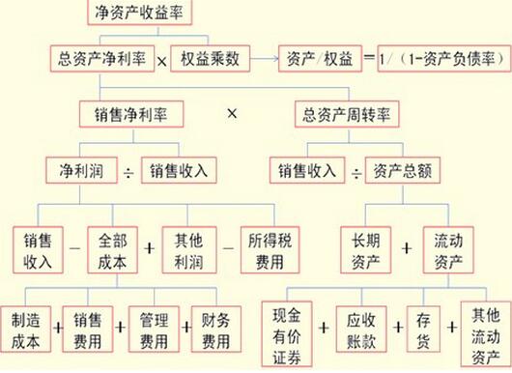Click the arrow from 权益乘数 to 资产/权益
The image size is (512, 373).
tap(263, 56)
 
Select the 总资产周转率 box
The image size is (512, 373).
tap(346, 115)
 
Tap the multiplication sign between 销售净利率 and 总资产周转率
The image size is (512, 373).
tap(231, 114)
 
